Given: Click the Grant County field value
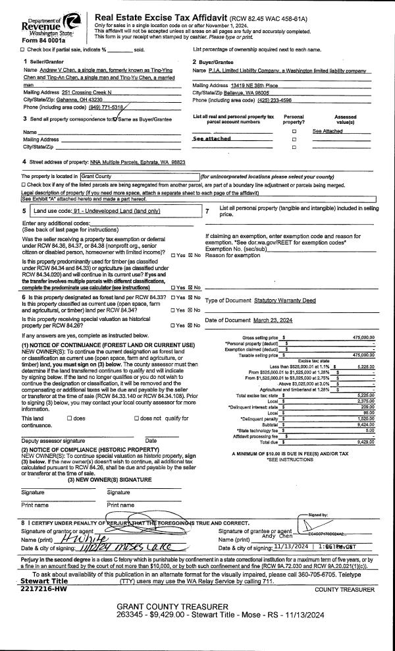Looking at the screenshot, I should tap(98, 177).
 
